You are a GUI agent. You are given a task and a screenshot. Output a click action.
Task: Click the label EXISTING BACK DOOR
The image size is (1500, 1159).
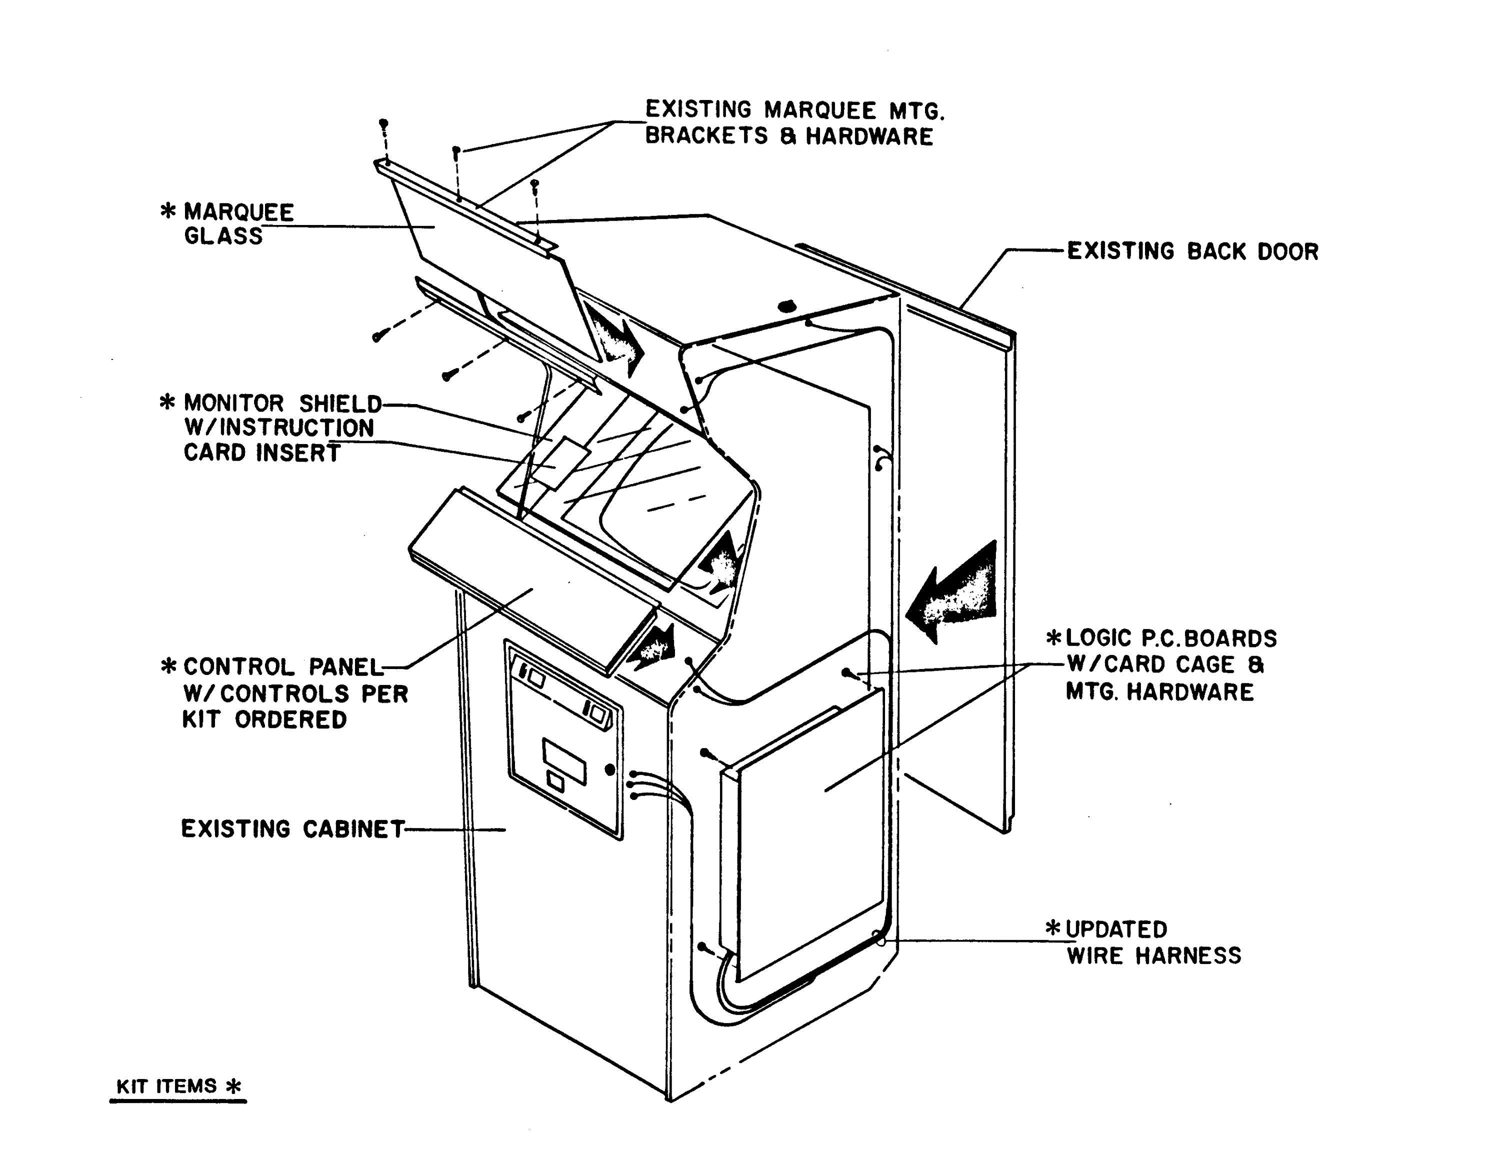pyautogui.click(x=1192, y=251)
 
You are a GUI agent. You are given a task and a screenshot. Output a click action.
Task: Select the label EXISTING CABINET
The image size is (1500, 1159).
pyautogui.click(x=292, y=828)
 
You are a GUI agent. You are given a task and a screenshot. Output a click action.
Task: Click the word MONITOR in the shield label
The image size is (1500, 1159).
pyautogui.click(x=233, y=403)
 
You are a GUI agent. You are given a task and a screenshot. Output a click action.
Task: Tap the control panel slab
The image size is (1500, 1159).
pyautogui.click(x=532, y=580)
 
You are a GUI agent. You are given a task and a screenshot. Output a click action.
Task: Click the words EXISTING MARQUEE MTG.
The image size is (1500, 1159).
pyautogui.click(x=794, y=110)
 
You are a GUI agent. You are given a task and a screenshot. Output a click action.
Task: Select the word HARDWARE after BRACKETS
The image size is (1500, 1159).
pyautogui.click(x=869, y=136)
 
